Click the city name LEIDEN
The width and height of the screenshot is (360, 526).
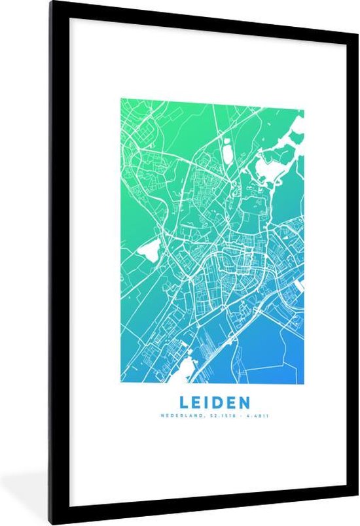click(x=212, y=400)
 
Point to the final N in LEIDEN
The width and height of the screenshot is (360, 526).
click(x=242, y=400)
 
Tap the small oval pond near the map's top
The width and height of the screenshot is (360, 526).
click(x=227, y=152)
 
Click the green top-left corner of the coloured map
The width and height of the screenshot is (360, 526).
click(x=123, y=101)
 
